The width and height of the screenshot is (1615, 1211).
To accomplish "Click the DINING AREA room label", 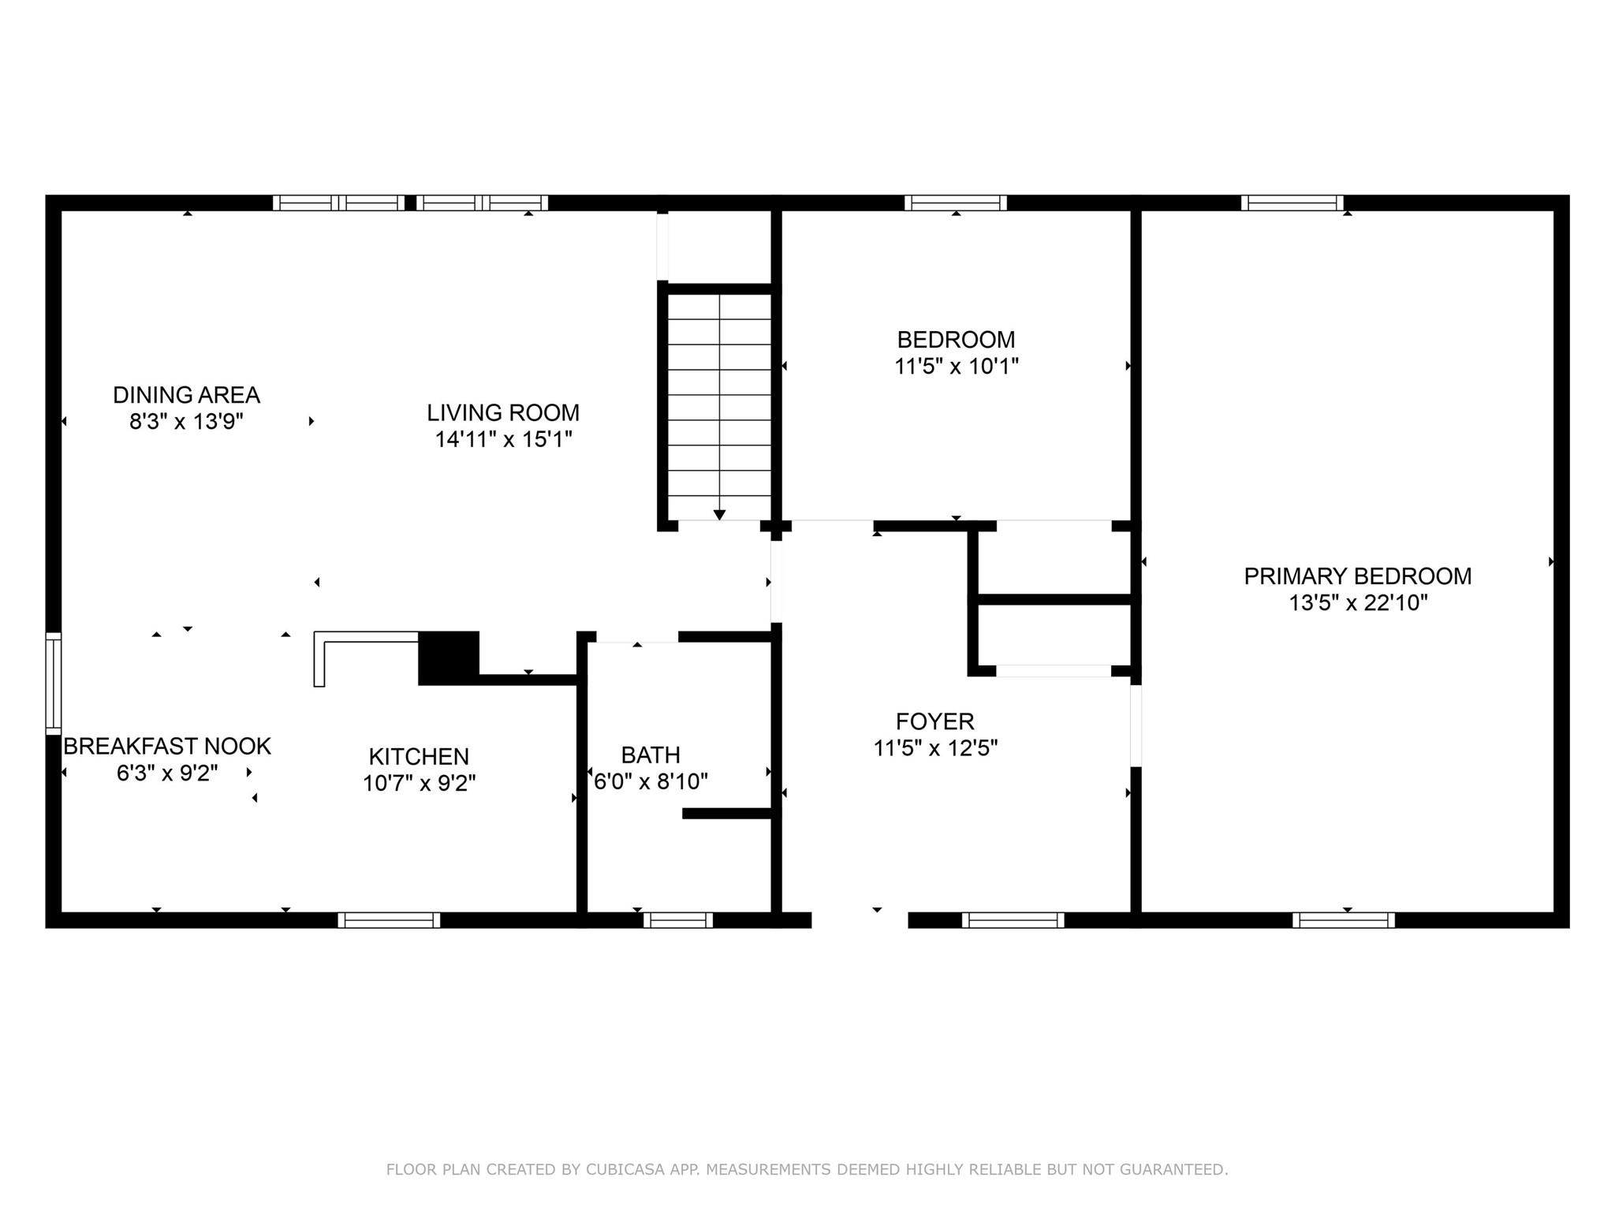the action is click(186, 394).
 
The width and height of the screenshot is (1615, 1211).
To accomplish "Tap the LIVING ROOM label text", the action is click(503, 412).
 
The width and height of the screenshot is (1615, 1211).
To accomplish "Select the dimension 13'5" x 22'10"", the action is click(1358, 603).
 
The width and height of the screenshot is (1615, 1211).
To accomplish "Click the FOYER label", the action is click(935, 721).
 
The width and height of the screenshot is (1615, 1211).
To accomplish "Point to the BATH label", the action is click(651, 755).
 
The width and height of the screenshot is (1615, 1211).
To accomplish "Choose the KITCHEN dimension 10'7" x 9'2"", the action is click(419, 784).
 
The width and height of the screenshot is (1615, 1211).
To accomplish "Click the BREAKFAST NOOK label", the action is click(167, 746).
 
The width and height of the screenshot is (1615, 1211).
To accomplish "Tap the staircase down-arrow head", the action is click(719, 515).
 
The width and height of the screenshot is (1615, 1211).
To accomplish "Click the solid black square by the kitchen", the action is click(449, 658).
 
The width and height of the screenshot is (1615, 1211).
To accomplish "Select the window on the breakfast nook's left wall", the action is click(53, 683).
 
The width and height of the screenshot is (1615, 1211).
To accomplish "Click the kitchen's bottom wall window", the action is click(389, 920).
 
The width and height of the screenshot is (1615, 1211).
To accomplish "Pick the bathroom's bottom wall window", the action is click(678, 920).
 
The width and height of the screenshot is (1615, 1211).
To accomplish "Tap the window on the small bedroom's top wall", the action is click(956, 203).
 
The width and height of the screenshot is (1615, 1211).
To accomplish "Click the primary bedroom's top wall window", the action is click(1292, 203).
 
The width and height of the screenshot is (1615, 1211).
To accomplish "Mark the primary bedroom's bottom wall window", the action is click(1344, 920).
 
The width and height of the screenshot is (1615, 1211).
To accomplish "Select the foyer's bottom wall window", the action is click(1013, 920).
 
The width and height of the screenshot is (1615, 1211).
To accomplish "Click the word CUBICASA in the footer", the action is click(619, 1169).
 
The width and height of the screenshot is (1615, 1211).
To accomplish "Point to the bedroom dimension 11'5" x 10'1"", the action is click(957, 367).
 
